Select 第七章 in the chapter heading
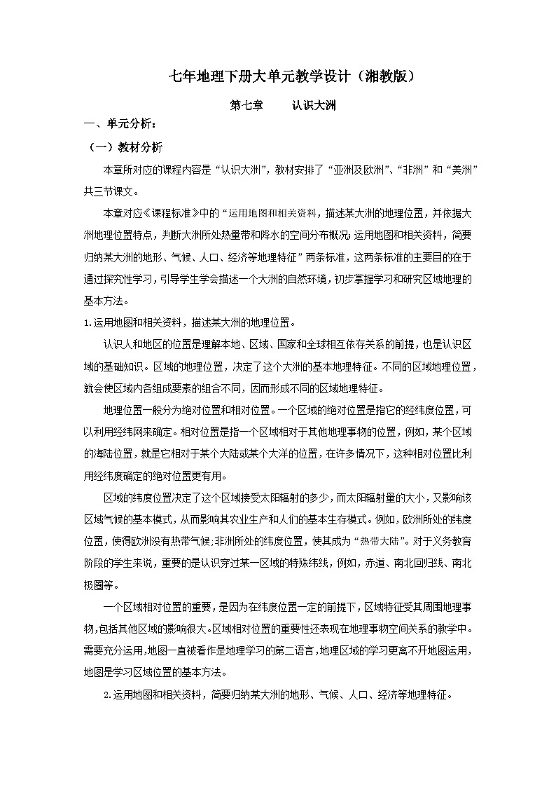(x=246, y=106)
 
